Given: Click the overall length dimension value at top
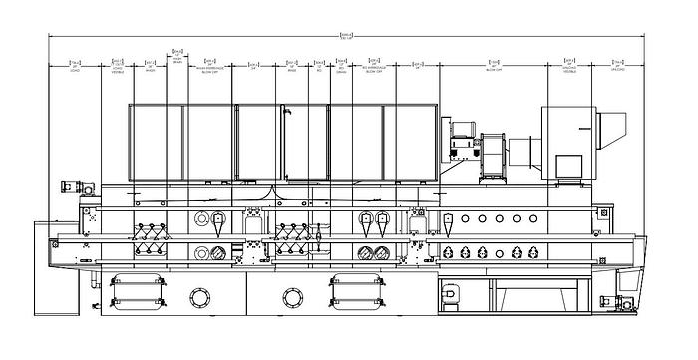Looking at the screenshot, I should pyautogui.click(x=346, y=37).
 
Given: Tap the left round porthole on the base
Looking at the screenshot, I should pyautogui.click(x=198, y=297).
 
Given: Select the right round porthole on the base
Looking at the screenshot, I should pyautogui.click(x=292, y=297).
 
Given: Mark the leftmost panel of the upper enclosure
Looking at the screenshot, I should pyautogui.click(x=156, y=143).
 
